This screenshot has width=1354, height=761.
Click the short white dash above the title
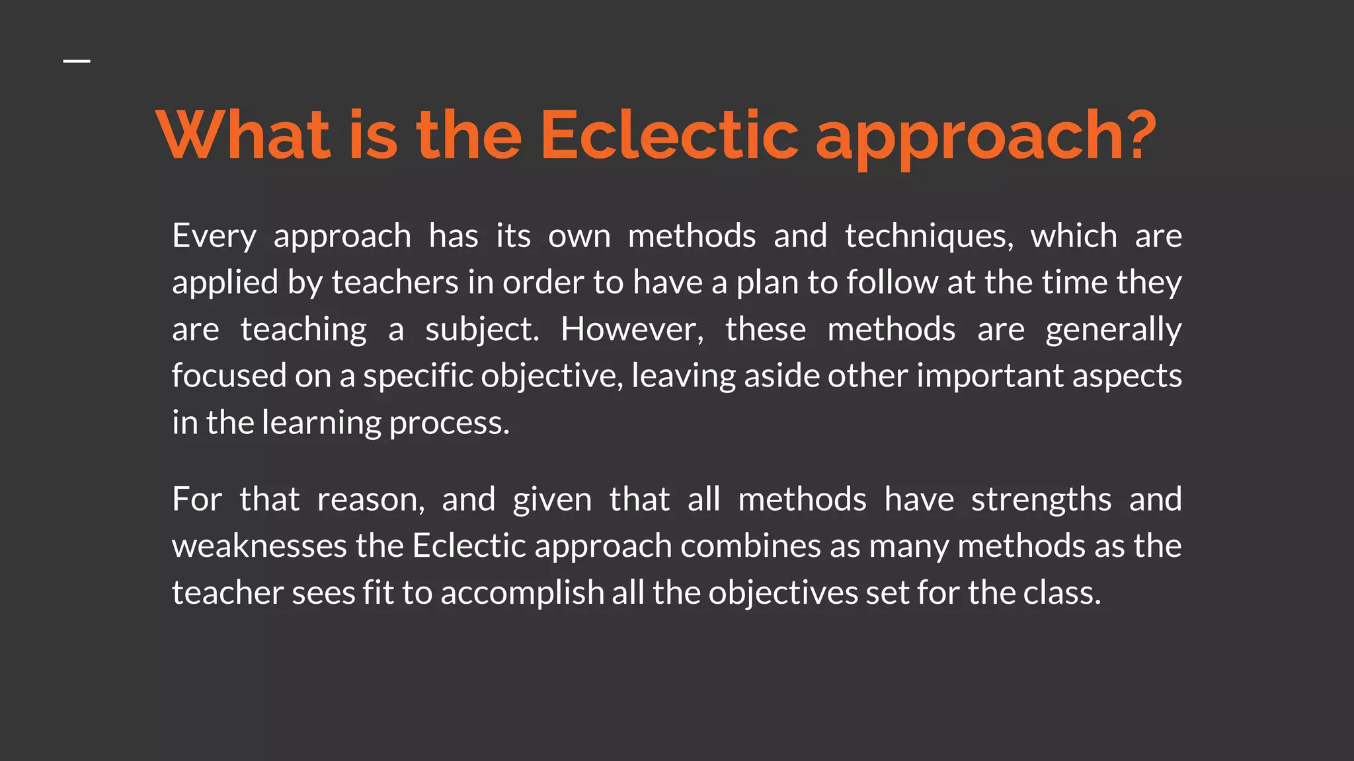pos(77,61)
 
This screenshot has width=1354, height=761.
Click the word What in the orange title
pos(243,135)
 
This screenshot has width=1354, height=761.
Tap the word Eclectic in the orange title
pos(669,135)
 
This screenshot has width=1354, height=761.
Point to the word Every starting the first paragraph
pos(214,236)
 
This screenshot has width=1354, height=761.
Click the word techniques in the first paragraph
pos(928,236)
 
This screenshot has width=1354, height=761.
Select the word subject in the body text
pos(481,330)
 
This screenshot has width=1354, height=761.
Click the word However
pos(632,330)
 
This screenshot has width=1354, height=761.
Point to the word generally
pos(1113,330)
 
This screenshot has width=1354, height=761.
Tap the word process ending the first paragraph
pos(449,423)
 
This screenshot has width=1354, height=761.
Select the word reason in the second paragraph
pos(370,499)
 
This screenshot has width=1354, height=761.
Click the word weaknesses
pos(259,546)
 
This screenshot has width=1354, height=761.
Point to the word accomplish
pos(522,593)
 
